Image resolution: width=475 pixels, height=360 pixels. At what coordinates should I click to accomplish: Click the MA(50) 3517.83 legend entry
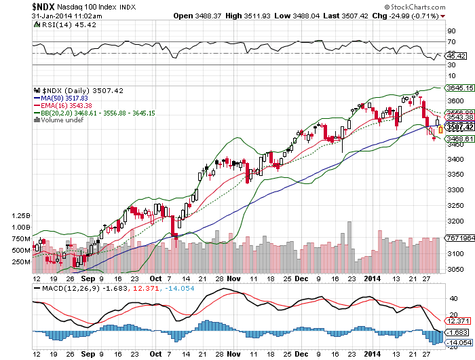click(60, 97)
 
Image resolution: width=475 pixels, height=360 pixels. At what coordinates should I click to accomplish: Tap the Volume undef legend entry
click(60, 120)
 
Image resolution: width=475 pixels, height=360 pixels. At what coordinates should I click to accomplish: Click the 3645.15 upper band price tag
click(458, 88)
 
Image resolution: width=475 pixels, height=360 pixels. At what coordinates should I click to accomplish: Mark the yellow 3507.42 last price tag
click(458, 127)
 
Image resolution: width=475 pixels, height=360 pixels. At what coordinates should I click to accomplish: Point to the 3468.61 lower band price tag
click(458, 139)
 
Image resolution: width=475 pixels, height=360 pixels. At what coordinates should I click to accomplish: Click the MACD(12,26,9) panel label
click(68, 288)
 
